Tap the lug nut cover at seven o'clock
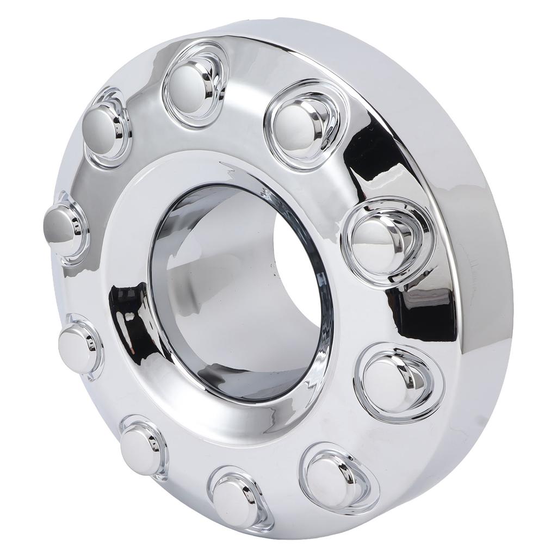click(140, 443)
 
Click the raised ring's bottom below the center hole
click(239, 424)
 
